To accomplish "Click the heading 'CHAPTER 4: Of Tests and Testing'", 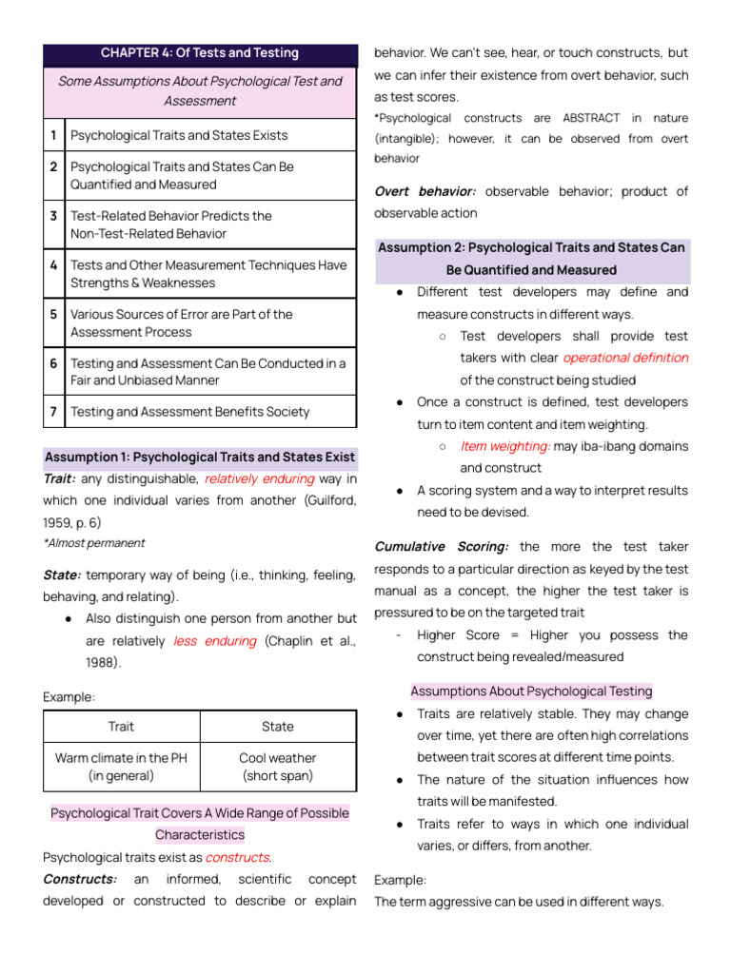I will tap(200, 53).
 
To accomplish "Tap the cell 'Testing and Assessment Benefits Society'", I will tap(190, 412).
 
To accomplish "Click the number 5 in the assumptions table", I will tap(53, 314).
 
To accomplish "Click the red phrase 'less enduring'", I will tap(215, 641).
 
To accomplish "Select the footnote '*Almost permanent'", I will tap(94, 543).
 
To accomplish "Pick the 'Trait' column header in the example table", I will tap(121, 727).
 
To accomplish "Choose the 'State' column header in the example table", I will tap(278, 727).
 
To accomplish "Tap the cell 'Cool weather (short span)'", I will tap(278, 767).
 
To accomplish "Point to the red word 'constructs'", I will tap(238, 857).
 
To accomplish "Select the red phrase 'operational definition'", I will tap(625, 359).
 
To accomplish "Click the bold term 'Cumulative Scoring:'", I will tap(442, 547).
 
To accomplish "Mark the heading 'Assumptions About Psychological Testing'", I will tap(531, 692).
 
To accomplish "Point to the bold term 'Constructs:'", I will tap(80, 879).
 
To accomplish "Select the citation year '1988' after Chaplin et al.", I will tap(101, 663).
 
